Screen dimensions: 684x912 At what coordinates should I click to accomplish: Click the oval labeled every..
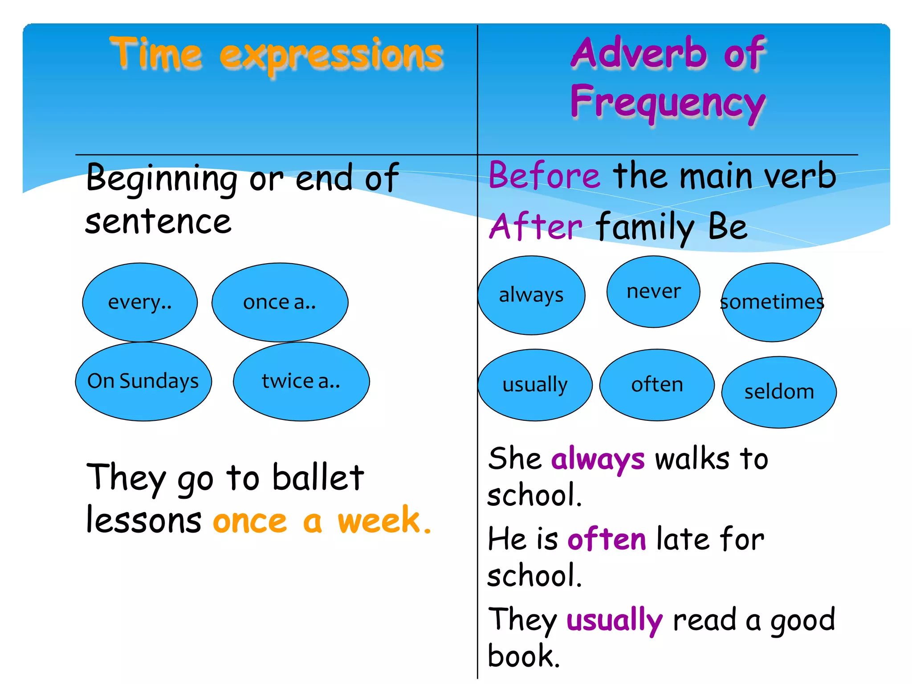click(140, 302)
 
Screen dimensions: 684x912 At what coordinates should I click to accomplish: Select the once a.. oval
click(280, 302)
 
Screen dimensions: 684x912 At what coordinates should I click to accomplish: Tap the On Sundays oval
click(143, 381)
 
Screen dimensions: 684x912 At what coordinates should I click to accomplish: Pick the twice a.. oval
click(301, 381)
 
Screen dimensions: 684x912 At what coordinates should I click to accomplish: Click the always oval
click(531, 295)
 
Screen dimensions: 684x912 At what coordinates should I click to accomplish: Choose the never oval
click(653, 292)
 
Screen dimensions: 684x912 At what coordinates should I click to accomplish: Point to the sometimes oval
click(772, 302)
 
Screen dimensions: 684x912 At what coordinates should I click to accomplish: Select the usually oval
click(535, 385)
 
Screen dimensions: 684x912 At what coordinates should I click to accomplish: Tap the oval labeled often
click(657, 385)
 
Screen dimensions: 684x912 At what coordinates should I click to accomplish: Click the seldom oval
click(779, 392)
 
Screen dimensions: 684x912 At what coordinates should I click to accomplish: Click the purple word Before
click(544, 175)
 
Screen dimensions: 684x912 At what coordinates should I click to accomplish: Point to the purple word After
click(536, 226)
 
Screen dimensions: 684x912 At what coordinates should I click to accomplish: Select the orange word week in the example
click(379, 520)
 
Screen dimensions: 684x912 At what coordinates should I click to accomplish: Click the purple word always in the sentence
click(598, 459)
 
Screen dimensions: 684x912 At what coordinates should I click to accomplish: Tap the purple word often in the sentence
click(607, 539)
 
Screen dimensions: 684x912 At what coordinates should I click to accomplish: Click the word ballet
click(318, 477)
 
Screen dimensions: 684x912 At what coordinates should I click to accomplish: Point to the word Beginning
click(162, 179)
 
